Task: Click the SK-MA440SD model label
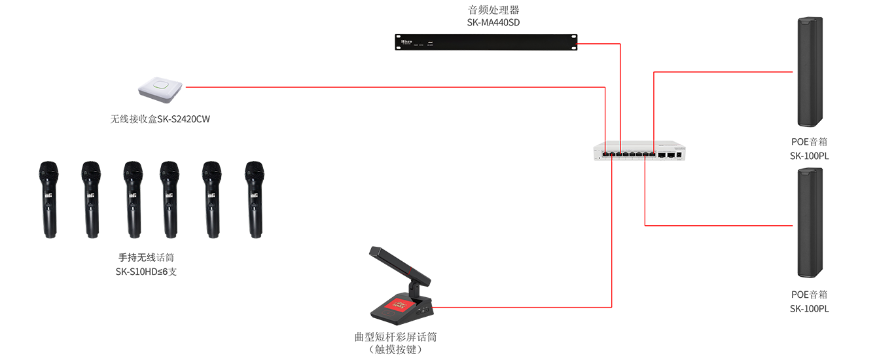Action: click(x=493, y=22)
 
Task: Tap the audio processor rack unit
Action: click(x=486, y=43)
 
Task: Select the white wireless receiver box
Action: click(x=160, y=90)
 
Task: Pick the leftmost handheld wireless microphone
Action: click(x=48, y=200)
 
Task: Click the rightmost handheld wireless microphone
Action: click(x=255, y=200)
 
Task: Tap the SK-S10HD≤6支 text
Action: click(x=146, y=272)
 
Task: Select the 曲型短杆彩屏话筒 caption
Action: click(x=395, y=337)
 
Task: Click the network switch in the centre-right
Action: click(x=639, y=151)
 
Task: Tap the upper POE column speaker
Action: click(x=810, y=72)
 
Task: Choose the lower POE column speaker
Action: click(x=810, y=223)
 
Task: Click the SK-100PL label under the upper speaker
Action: click(x=810, y=156)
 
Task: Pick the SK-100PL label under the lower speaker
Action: click(x=810, y=309)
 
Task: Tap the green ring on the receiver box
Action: click(x=161, y=85)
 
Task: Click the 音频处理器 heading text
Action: click(x=493, y=10)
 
